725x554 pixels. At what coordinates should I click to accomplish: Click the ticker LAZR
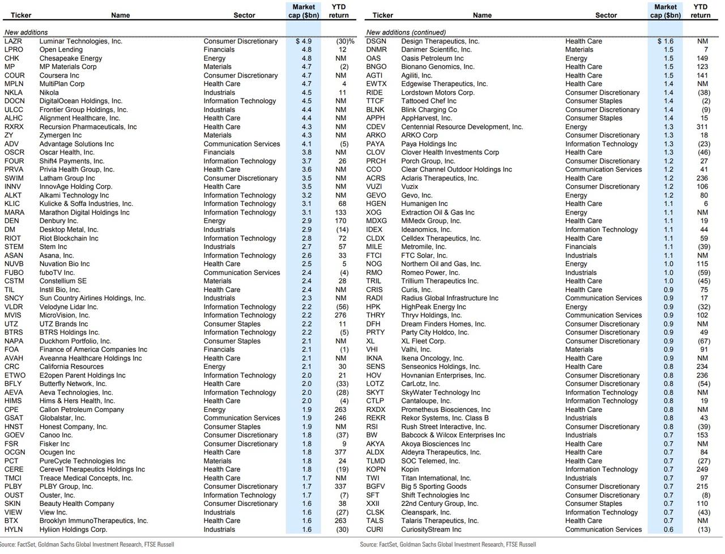click(13, 41)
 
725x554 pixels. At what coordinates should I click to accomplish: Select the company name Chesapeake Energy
click(71, 58)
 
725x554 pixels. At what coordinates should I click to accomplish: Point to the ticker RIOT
click(12, 238)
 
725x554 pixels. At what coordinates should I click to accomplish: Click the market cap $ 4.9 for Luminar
click(304, 41)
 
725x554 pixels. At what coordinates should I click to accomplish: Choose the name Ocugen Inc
click(57, 452)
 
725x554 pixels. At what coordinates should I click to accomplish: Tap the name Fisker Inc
click(54, 444)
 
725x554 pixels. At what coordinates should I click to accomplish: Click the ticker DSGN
click(376, 41)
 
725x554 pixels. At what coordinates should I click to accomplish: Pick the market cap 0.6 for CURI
click(668, 530)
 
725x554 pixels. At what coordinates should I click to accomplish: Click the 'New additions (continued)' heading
click(406, 32)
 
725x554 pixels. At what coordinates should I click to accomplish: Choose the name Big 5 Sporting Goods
click(434, 487)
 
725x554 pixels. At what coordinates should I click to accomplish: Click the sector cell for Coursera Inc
click(241, 75)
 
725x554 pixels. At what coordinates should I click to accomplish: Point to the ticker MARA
click(15, 212)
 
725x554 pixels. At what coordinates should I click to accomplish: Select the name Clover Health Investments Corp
click(450, 152)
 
